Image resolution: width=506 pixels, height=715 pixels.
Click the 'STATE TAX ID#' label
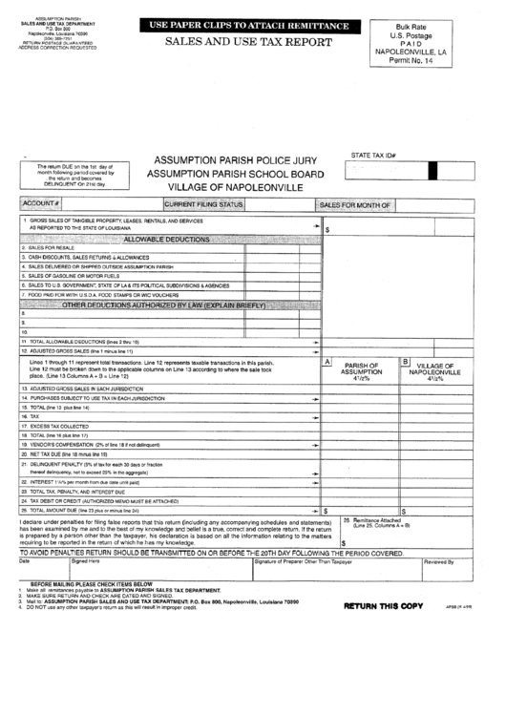(x=374, y=153)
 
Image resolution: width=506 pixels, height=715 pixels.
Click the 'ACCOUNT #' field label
(x=42, y=204)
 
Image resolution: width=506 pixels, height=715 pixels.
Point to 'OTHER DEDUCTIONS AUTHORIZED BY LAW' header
(x=162, y=305)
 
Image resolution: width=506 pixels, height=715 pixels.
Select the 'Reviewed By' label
(x=438, y=561)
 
